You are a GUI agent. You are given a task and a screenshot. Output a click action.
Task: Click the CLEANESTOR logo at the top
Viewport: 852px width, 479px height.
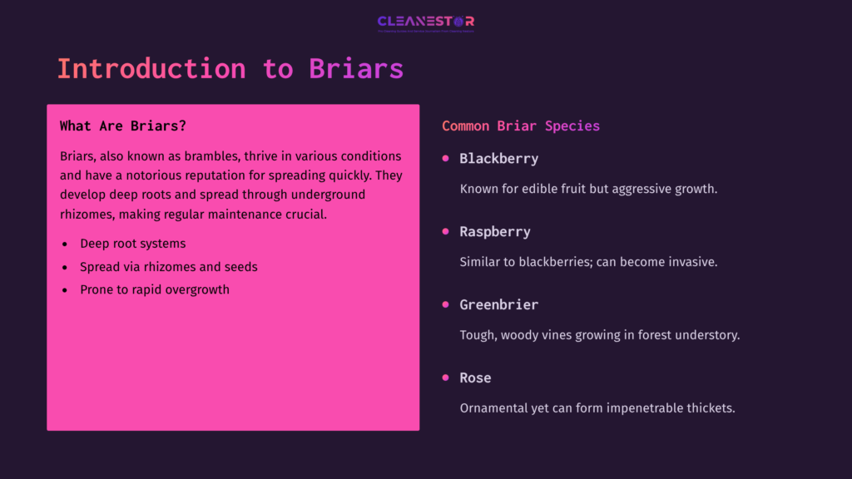tap(425, 22)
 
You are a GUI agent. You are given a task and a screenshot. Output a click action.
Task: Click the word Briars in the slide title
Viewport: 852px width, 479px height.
tap(356, 68)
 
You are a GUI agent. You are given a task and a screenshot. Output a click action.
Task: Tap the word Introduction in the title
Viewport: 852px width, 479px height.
tap(151, 68)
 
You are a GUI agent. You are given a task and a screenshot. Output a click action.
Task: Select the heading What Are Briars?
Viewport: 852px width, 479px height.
tap(123, 126)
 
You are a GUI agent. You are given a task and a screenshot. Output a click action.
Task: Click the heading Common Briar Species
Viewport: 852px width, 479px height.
tap(521, 126)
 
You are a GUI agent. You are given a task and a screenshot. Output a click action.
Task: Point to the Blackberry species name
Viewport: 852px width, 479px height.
tap(499, 159)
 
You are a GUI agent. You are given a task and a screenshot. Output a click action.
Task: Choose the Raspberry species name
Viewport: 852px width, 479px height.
tap(495, 232)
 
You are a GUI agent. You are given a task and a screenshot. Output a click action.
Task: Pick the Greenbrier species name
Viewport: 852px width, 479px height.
tap(499, 305)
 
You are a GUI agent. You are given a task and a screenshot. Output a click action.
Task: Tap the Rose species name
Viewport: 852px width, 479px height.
tap(476, 378)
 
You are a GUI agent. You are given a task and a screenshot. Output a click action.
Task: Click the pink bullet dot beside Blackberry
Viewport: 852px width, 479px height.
tap(445, 159)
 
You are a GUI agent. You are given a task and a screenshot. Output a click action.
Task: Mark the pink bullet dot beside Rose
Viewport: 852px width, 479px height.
tap(445, 378)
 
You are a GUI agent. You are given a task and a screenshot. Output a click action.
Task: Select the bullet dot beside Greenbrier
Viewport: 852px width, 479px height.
tap(445, 305)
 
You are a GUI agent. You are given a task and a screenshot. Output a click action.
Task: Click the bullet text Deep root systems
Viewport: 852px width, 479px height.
tap(133, 244)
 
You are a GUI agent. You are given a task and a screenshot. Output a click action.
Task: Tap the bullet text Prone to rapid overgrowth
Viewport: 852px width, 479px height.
tap(155, 290)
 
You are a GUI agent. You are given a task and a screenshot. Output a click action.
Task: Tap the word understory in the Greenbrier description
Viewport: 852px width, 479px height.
tap(706, 335)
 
